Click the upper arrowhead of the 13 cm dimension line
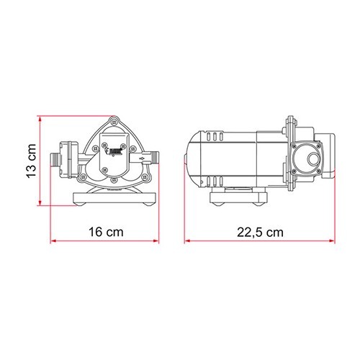[41, 117]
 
